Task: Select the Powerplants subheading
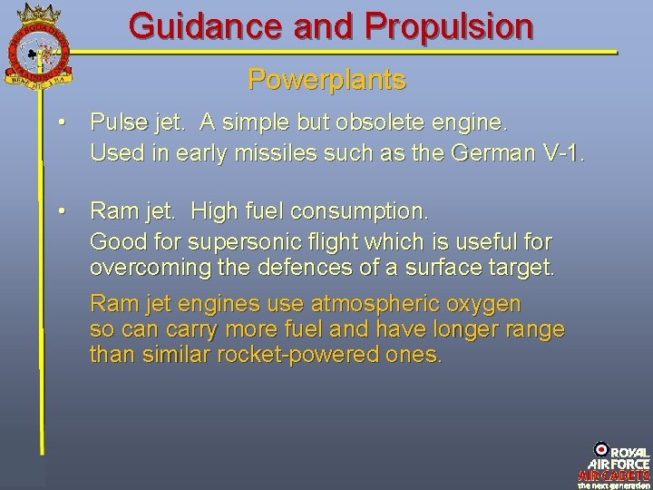click(x=326, y=81)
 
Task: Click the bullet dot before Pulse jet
click(x=59, y=122)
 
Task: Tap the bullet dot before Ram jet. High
click(x=59, y=211)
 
